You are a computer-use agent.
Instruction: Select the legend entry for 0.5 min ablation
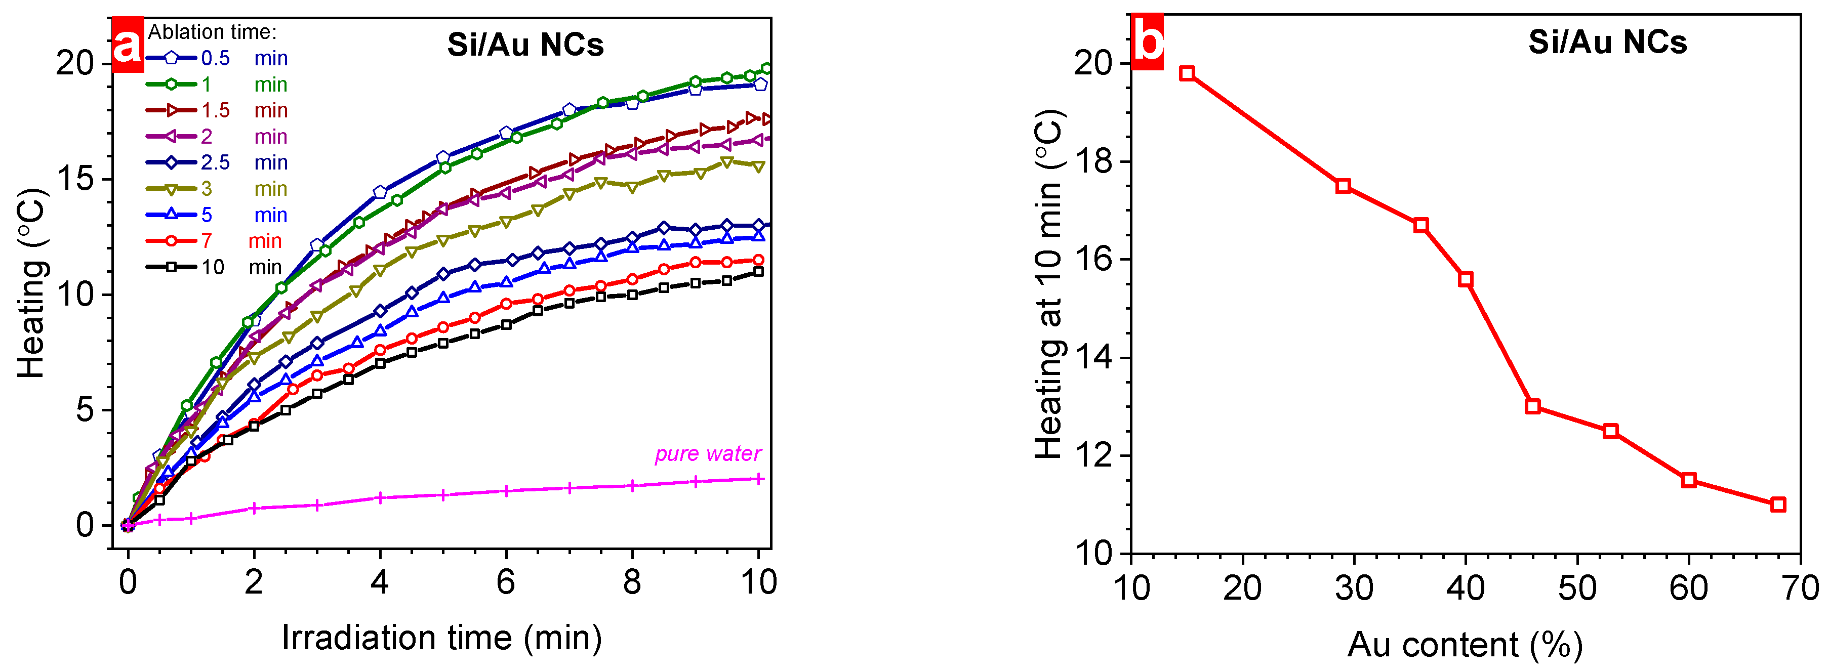217,58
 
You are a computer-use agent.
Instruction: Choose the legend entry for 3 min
217,189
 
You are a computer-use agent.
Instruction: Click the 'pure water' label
708,453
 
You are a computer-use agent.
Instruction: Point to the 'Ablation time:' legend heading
212,32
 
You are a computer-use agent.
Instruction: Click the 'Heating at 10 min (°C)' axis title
1049,284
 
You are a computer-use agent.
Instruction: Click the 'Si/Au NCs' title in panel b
1607,42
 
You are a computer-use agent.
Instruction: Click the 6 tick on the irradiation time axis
505,582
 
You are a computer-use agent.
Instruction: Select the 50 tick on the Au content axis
1577,587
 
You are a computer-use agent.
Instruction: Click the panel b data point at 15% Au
1187,74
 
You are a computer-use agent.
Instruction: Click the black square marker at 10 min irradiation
758,272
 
